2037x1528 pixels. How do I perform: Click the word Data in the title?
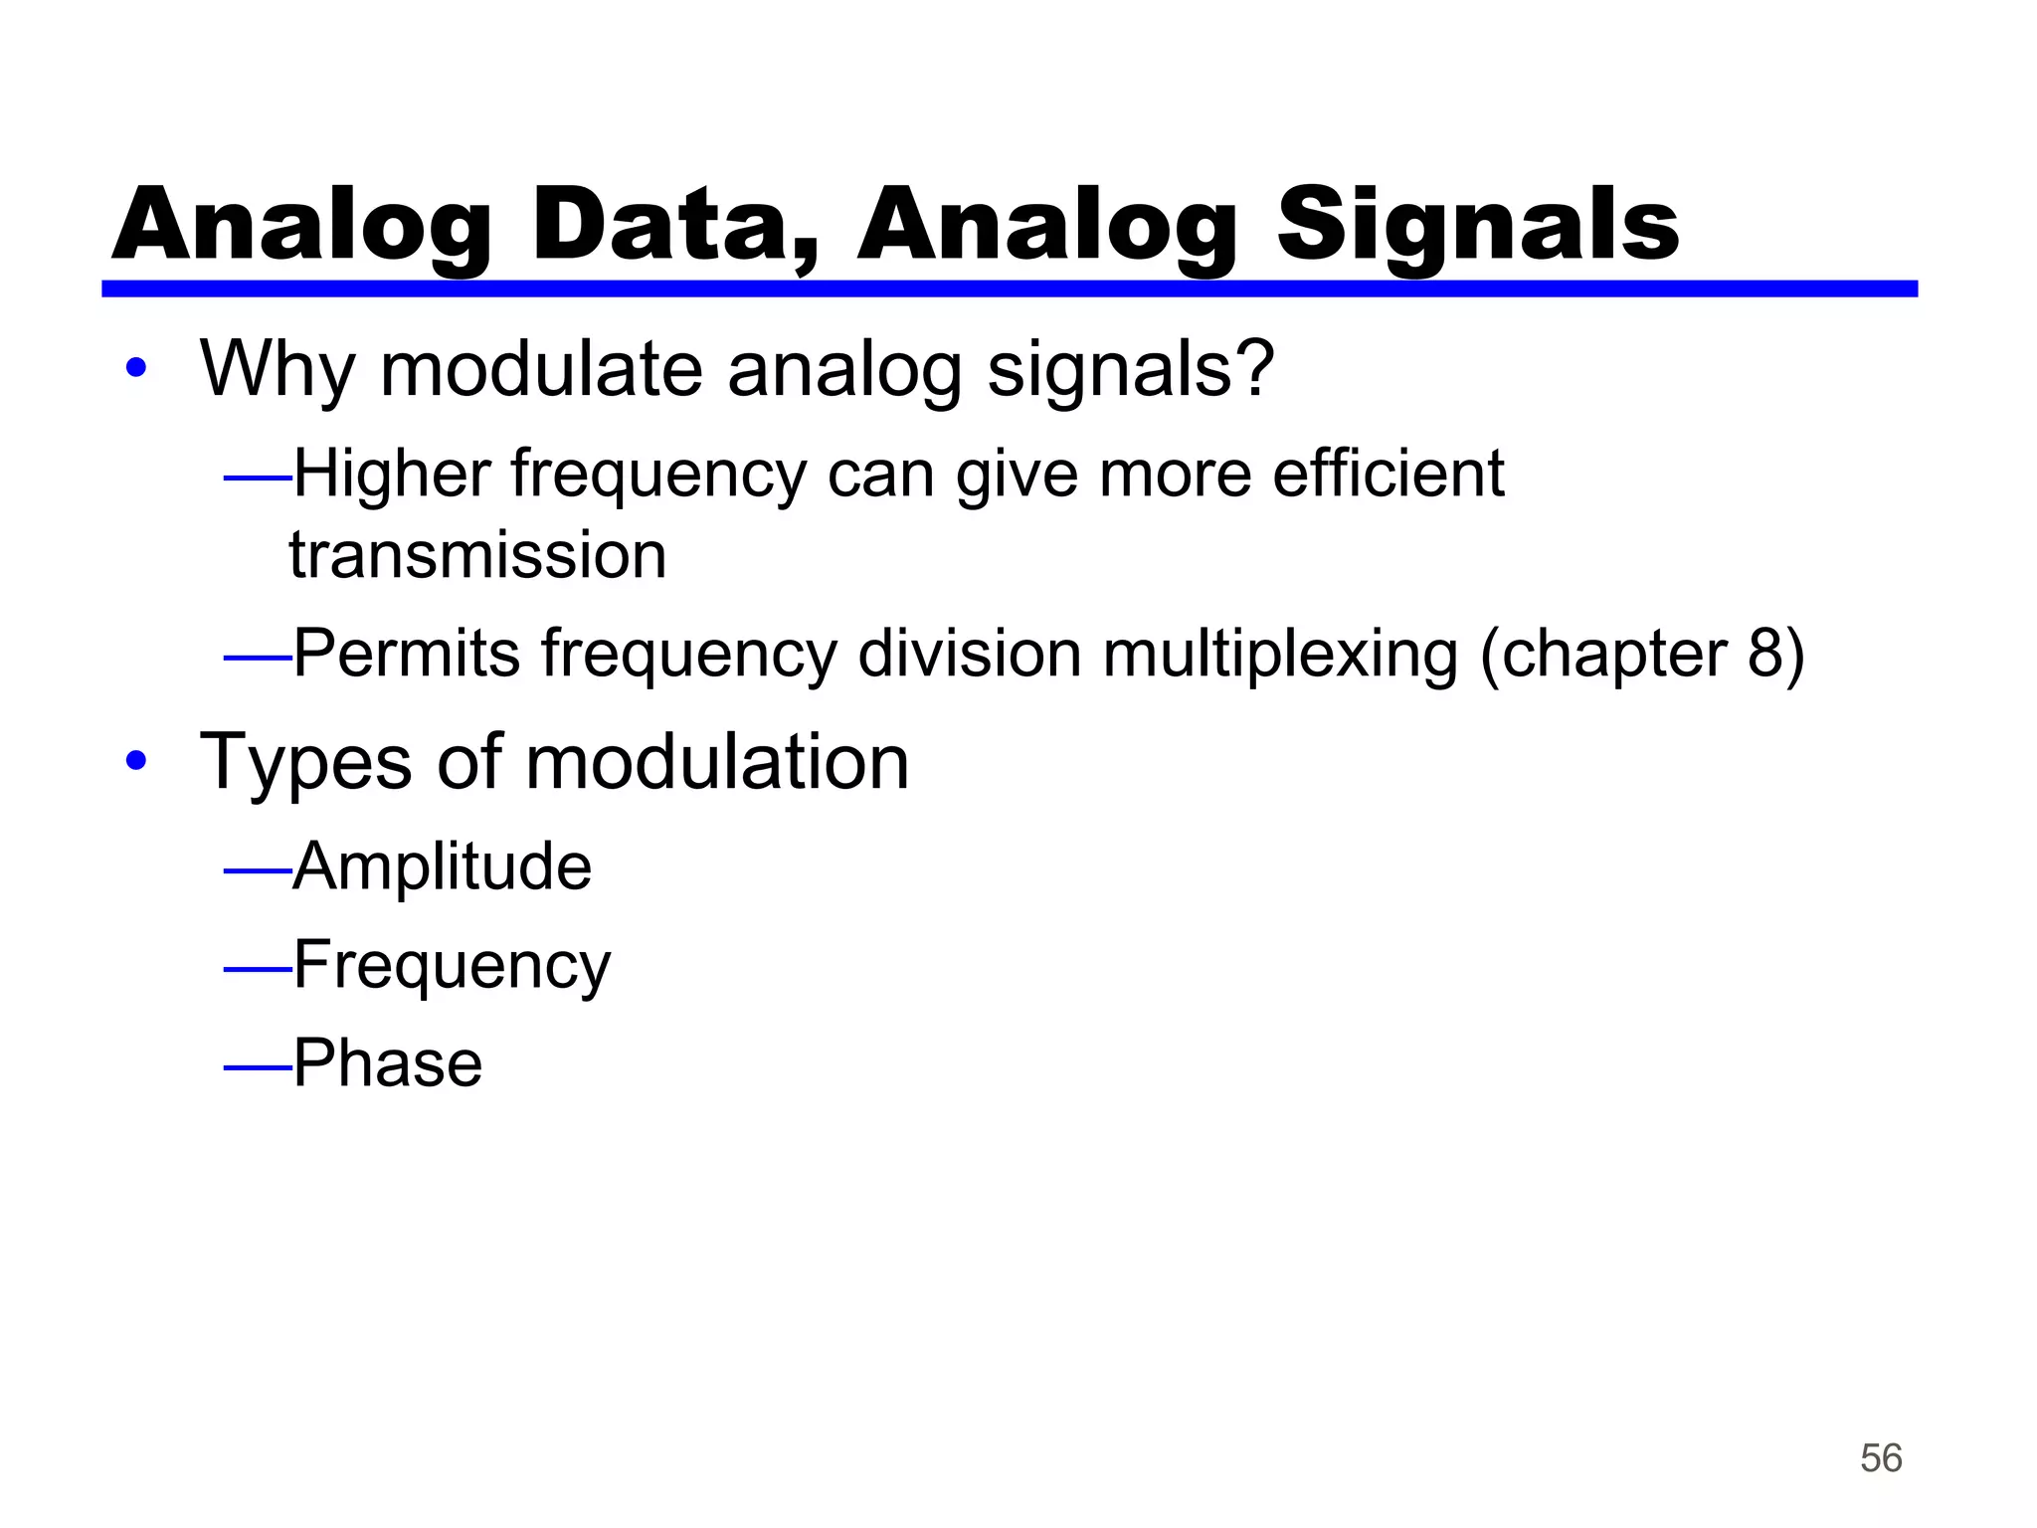(674, 227)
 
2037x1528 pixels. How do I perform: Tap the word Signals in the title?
(1478, 227)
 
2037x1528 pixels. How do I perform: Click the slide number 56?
(1880, 1458)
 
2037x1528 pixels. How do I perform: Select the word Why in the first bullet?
(278, 370)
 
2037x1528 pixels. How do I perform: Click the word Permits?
(407, 655)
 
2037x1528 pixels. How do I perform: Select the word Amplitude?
(443, 866)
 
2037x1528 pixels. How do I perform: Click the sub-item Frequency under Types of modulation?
(453, 966)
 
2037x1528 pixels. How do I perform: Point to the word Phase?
(388, 1063)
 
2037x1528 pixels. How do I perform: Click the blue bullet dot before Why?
(136, 369)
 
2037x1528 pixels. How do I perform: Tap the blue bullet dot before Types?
(136, 762)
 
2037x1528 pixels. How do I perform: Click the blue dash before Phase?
(257, 1068)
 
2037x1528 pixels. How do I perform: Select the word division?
(970, 655)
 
